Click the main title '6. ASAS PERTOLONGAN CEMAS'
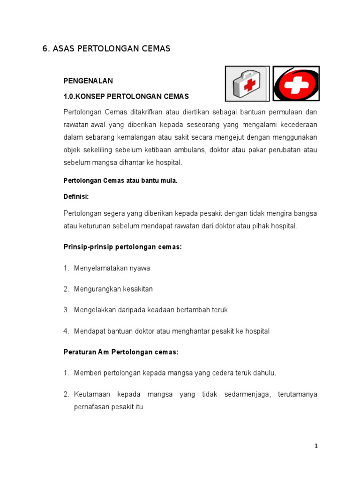106,49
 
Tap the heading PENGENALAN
88,81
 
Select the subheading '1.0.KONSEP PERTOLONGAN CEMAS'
126,97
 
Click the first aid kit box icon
247,83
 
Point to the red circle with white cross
296,83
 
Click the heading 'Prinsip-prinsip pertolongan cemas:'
122,247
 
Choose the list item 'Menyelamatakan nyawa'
112,268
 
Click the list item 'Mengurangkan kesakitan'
113,289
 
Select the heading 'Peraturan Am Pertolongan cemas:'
121,352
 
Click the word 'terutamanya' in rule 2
297,395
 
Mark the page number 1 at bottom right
316,446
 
